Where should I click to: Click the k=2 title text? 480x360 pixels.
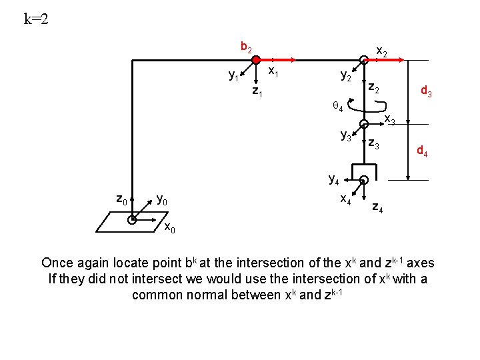coord(36,19)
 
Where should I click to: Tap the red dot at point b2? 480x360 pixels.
coord(256,60)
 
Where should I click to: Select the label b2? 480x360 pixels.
coord(245,47)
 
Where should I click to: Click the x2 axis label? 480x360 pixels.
coord(382,51)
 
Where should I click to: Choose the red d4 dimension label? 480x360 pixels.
coord(423,152)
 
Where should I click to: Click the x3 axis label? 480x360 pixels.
coord(389,121)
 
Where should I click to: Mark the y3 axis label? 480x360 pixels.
coord(346,136)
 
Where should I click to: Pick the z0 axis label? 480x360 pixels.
coord(122,199)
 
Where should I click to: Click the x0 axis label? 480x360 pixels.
coord(170,229)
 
